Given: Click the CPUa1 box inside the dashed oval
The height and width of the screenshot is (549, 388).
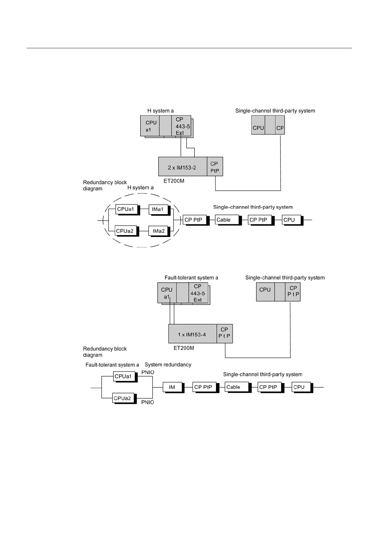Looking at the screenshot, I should pos(126,209).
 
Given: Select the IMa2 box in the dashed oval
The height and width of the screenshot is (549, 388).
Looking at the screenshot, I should pos(159,231).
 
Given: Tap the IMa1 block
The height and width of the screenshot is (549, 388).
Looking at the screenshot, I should pos(159,209).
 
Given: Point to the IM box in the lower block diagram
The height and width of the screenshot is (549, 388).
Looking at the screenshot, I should pos(172,387).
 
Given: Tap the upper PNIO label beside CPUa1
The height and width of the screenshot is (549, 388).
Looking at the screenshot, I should pos(148,372).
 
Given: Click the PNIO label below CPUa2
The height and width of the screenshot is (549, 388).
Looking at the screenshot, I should pos(148,402).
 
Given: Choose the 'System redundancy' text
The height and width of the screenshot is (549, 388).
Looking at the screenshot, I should pos(168,364).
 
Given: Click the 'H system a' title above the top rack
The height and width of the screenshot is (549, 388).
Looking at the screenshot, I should pos(160,111).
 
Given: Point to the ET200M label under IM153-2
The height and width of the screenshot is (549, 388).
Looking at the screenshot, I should pos(174,181).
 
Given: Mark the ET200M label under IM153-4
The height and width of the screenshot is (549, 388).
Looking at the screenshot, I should pos(184,348).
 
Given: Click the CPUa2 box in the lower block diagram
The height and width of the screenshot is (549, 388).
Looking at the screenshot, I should pos(123,398).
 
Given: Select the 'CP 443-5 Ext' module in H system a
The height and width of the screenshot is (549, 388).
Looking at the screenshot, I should pos(181,126).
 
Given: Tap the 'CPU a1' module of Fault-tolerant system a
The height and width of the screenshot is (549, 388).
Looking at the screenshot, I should pos(167,293).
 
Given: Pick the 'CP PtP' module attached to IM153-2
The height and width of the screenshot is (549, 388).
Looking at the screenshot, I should pos(215,167).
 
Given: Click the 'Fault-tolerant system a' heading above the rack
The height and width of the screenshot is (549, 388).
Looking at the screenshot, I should pos(191,278).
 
